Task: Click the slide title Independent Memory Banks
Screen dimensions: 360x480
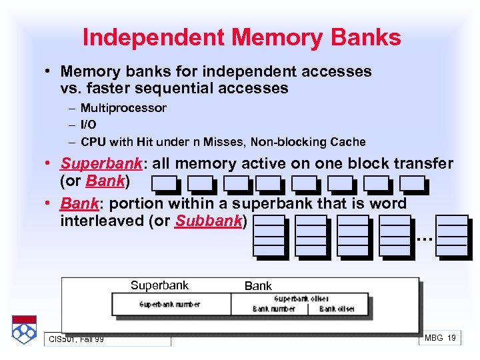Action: (241, 37)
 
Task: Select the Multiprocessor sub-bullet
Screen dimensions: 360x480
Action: (123, 108)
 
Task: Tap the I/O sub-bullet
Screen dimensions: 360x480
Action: (89, 125)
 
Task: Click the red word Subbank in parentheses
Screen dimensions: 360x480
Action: (209, 221)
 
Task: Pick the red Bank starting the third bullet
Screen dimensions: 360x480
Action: (77, 203)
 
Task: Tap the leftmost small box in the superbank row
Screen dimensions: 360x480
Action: (164, 183)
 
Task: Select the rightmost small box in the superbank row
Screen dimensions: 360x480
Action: (412, 183)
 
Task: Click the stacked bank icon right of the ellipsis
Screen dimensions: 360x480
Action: (453, 235)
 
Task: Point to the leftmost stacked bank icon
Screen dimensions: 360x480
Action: (269, 235)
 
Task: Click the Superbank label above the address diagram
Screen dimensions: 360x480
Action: (159, 285)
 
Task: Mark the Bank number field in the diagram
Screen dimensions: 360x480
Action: (274, 309)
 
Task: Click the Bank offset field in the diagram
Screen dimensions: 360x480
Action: (337, 309)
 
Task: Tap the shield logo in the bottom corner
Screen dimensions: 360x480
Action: (23, 329)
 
